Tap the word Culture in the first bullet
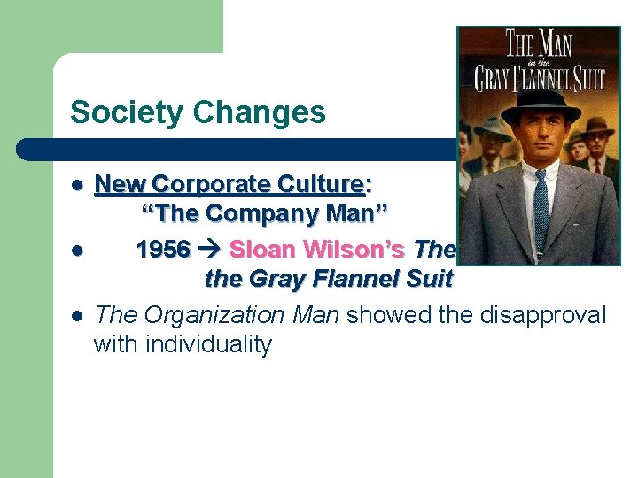tap(320, 184)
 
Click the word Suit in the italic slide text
tap(431, 280)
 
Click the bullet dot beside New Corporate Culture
tap(77, 186)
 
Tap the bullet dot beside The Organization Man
tap(77, 315)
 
